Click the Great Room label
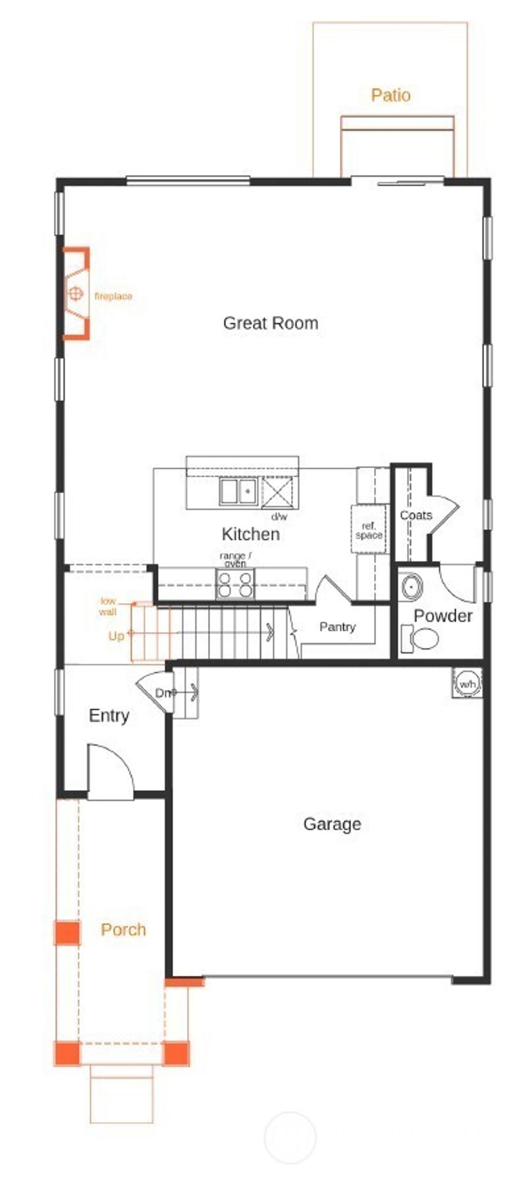pyautogui.click(x=270, y=323)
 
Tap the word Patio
pyautogui.click(x=390, y=95)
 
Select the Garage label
pyautogui.click(x=332, y=824)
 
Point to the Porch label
pyautogui.click(x=123, y=929)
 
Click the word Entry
pyautogui.click(x=109, y=715)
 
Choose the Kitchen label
pyautogui.click(x=250, y=534)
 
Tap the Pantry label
pyautogui.click(x=337, y=627)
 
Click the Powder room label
pyautogui.click(x=442, y=616)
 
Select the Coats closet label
pyautogui.click(x=416, y=515)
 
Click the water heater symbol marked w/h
pyautogui.click(x=467, y=683)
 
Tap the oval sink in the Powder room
pyautogui.click(x=412, y=587)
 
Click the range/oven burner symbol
pyautogui.click(x=235, y=584)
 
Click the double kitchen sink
pyautogui.click(x=238, y=492)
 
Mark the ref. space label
pyautogui.click(x=369, y=531)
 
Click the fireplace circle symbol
pyautogui.click(x=76, y=294)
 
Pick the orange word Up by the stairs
pyautogui.click(x=116, y=636)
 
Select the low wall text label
pyautogui.click(x=108, y=606)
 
